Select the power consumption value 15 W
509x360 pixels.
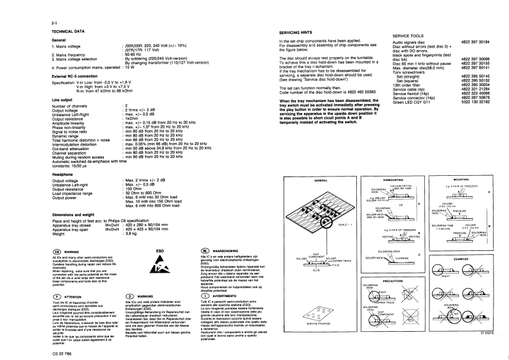128,67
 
